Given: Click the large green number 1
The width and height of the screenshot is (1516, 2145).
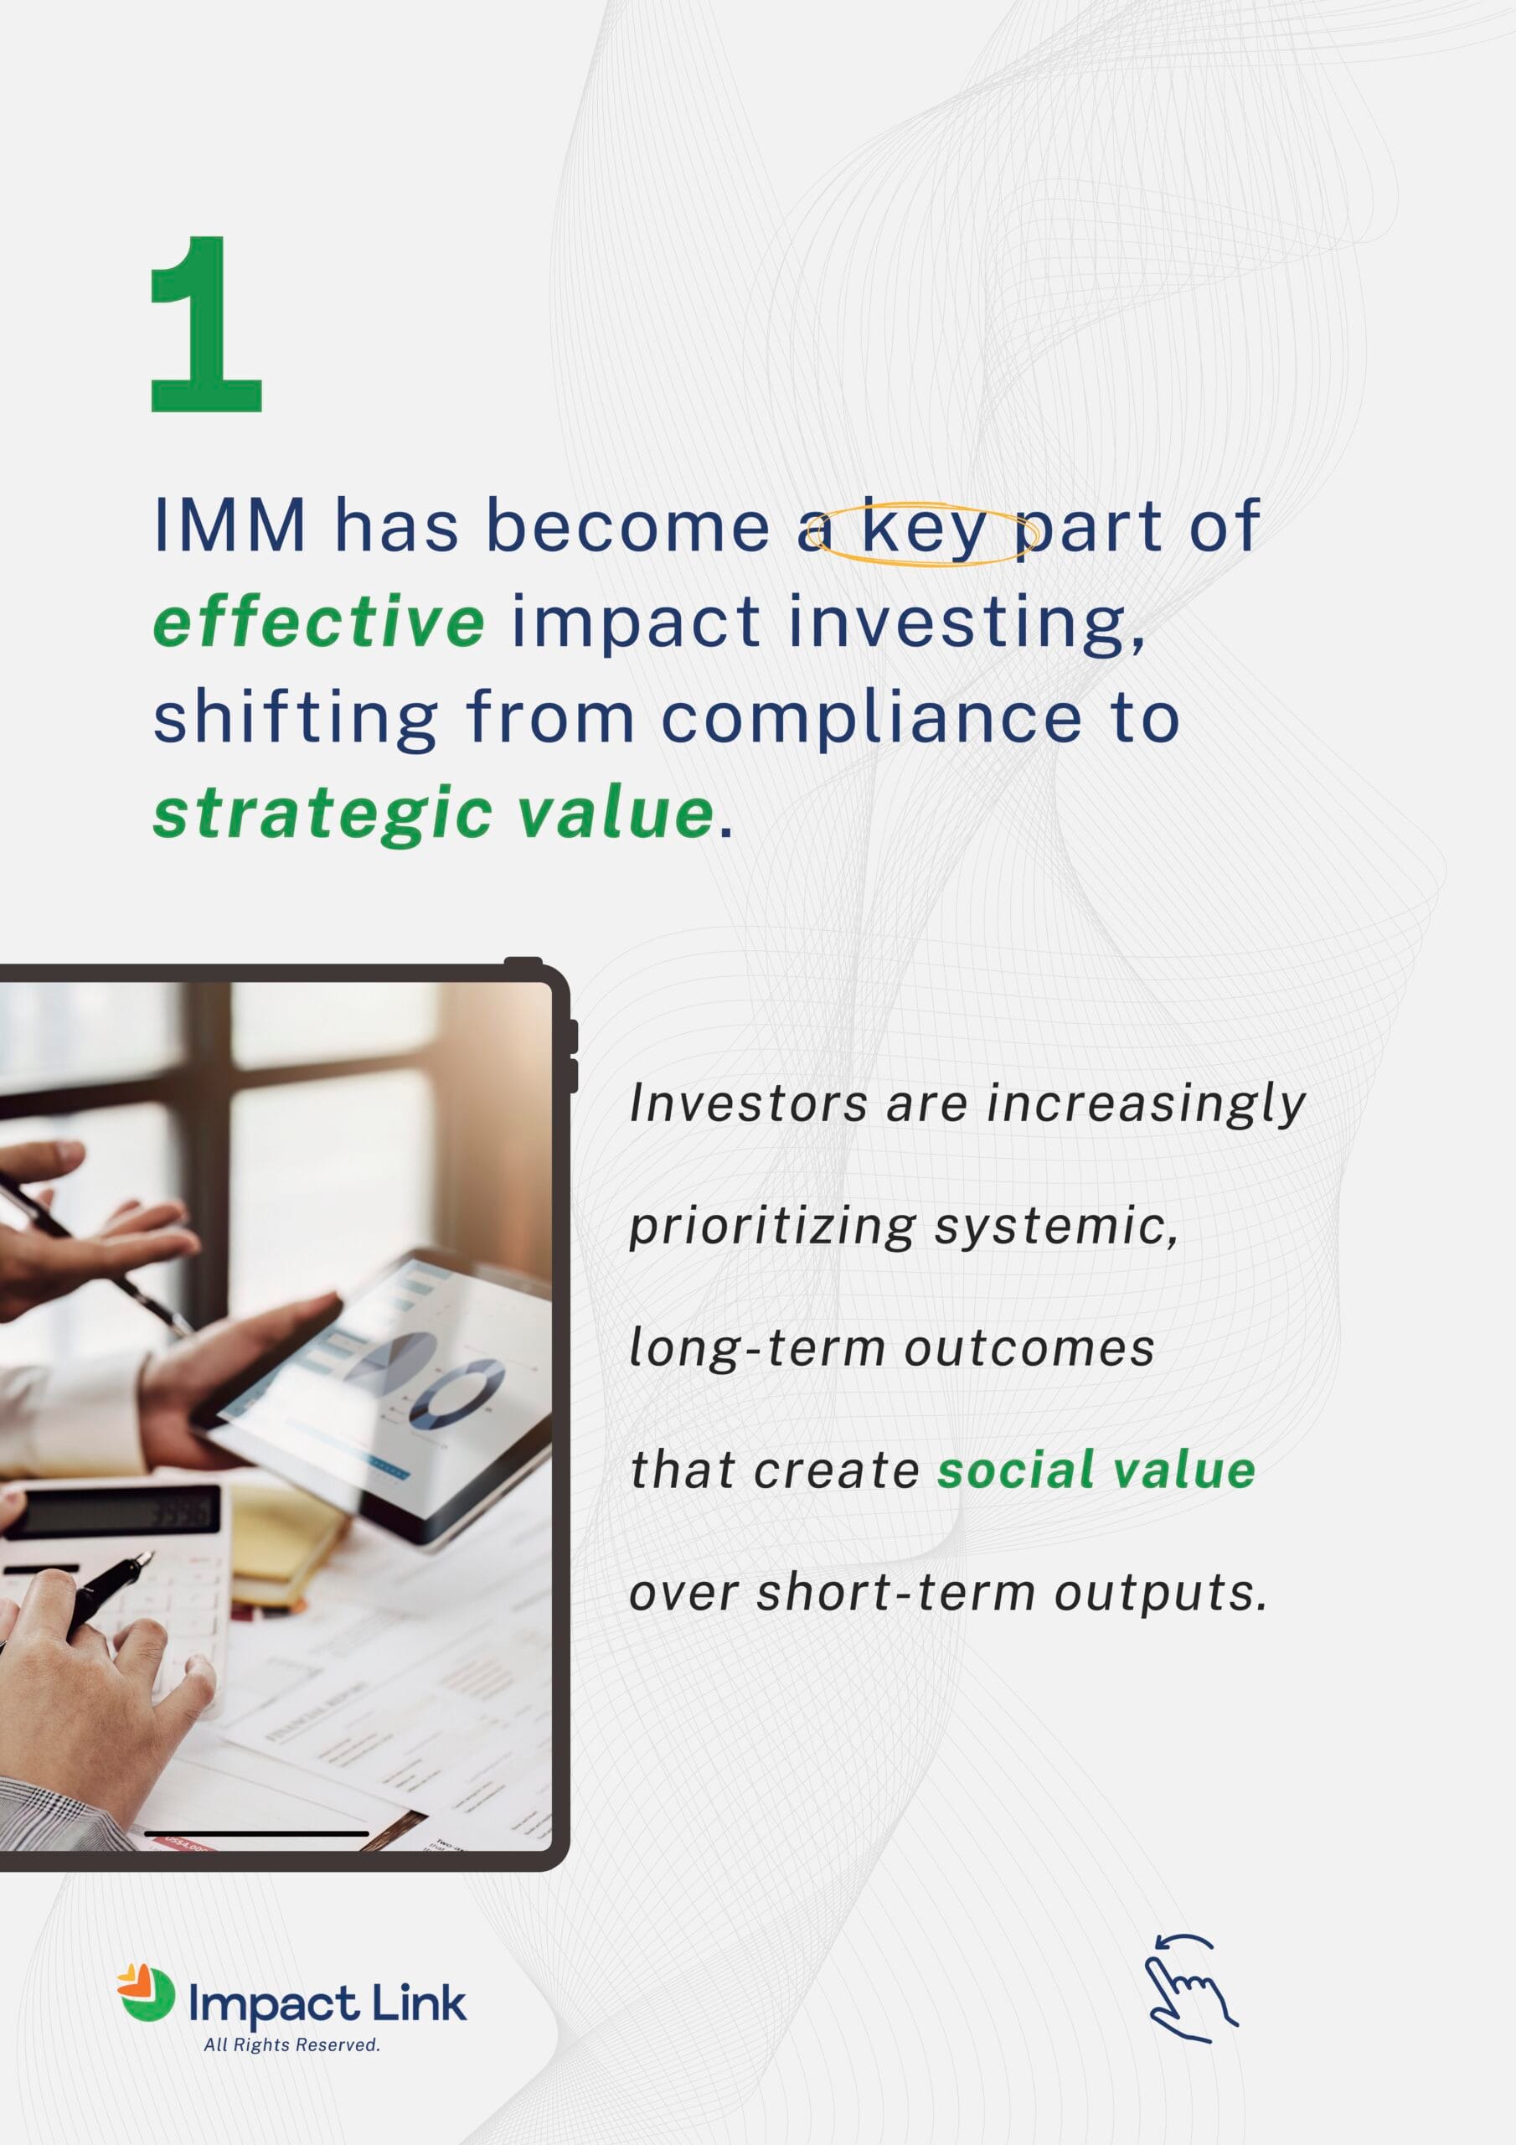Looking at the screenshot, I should (206, 324).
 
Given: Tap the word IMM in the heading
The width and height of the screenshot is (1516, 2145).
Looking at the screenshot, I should (229, 526).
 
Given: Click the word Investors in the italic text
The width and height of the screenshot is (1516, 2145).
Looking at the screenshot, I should (748, 1104).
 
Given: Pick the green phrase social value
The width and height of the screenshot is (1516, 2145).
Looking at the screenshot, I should (1096, 1470).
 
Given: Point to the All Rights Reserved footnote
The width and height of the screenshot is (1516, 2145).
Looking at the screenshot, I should (291, 2045).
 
